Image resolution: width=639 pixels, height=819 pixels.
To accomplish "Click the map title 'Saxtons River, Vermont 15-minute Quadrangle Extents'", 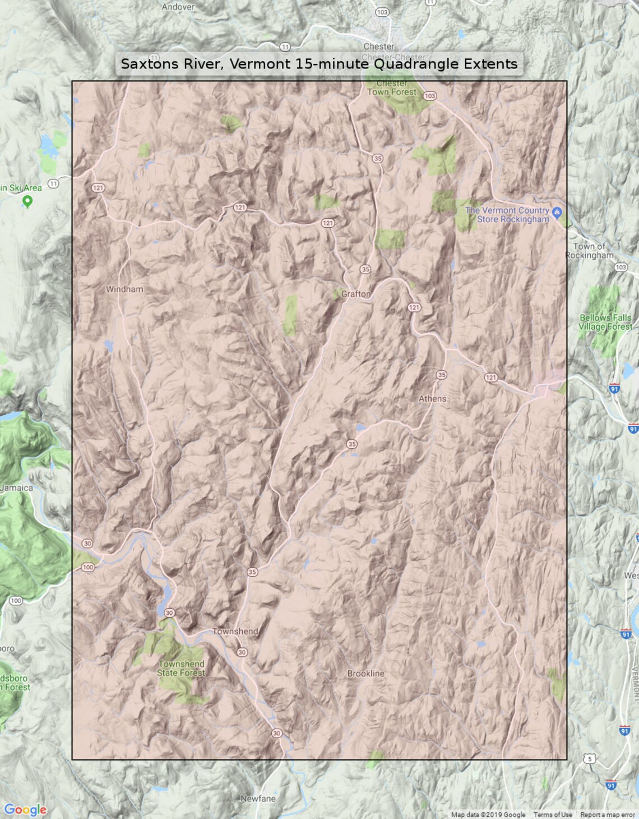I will (319, 64).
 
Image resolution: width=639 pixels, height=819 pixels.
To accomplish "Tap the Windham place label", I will (124, 289).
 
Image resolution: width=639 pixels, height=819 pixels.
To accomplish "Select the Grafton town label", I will (356, 294).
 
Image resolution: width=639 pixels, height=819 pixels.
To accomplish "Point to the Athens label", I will (433, 399).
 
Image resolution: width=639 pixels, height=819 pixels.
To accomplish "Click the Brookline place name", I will (365, 674).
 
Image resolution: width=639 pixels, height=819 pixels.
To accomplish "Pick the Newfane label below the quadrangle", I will (258, 798).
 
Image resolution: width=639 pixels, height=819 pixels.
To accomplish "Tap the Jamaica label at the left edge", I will (17, 488).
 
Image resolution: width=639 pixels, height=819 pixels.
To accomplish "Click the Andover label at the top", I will (178, 7).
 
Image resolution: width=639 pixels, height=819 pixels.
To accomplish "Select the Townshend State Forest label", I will (181, 668).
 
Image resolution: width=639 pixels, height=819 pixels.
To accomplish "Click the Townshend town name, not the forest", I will (235, 631).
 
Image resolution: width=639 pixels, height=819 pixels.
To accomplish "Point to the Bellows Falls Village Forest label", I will (605, 322).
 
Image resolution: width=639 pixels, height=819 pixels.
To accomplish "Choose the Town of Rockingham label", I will (590, 251).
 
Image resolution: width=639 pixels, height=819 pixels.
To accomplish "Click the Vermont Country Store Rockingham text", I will (507, 215).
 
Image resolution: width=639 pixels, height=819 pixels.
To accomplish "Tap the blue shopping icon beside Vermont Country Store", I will (557, 212).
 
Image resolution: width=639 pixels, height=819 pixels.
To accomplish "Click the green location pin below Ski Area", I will (27, 201).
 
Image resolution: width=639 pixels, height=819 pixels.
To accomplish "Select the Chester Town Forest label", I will (392, 88).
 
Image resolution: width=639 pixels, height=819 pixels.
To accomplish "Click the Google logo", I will (25, 809).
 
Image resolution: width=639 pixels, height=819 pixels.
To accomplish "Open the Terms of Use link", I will (553, 815).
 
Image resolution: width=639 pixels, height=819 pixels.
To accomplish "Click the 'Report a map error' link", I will (607, 815).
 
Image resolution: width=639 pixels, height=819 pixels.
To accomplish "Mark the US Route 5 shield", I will (589, 759).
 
